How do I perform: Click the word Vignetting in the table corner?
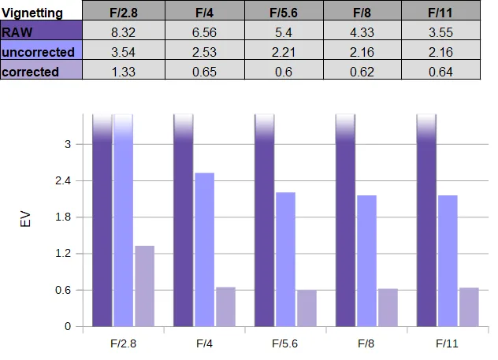tap(32, 13)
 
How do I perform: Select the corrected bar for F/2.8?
tap(145, 286)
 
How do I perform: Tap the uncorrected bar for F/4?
tap(205, 250)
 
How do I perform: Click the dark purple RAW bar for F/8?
tap(346, 221)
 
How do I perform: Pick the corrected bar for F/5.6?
tap(307, 308)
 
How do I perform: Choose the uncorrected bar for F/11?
tap(448, 261)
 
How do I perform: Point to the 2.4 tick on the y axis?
tap(63, 180)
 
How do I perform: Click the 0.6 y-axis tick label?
tap(63, 290)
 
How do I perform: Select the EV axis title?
tap(25, 219)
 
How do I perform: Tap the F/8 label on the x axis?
tap(366, 343)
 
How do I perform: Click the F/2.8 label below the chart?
tap(123, 343)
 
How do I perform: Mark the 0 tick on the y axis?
tap(68, 326)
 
